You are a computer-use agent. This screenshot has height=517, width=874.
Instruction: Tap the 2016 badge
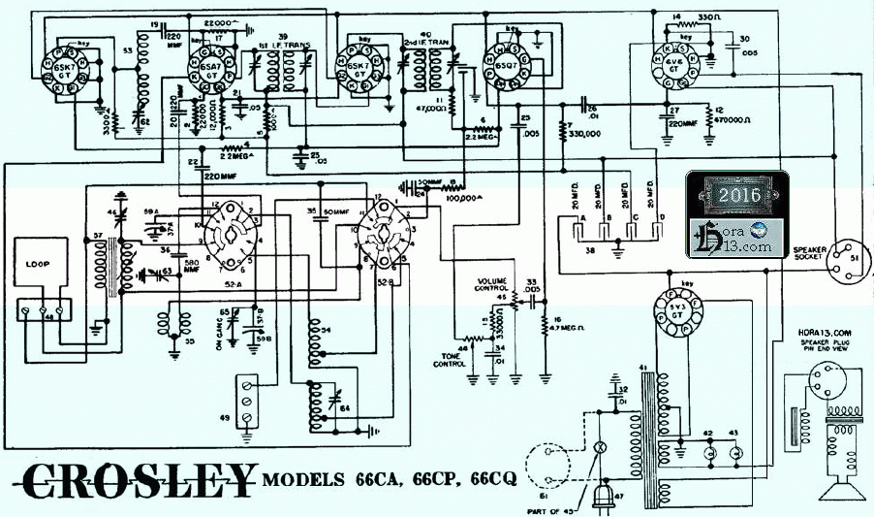coord(742,195)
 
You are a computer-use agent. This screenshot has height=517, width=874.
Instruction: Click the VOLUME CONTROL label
coord(493,284)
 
